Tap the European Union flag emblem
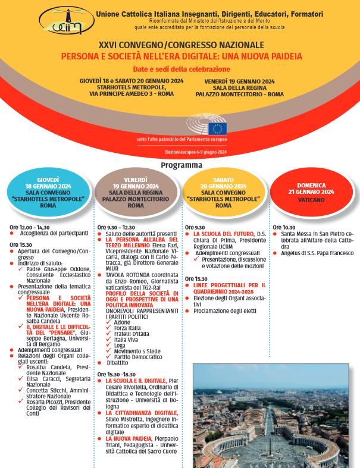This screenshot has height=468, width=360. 218,128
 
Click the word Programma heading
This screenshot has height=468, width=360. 181,165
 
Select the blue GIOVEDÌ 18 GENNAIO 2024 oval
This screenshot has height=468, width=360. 48,192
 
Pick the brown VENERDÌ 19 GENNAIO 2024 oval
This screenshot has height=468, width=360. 136,192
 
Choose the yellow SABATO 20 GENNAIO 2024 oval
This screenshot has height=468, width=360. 224,192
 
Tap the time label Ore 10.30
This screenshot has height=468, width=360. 284,227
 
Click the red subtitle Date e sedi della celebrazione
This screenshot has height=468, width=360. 181,69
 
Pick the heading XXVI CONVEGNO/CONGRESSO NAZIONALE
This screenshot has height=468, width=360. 181,45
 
